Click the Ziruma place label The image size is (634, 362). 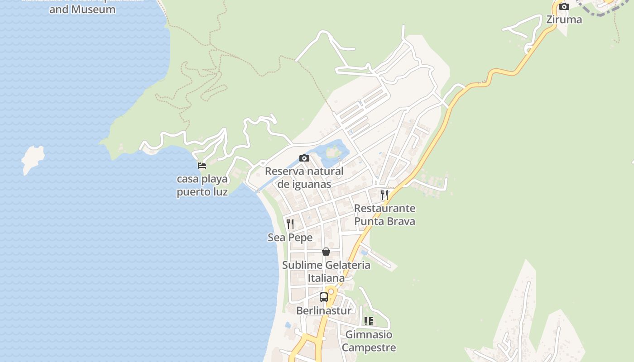click(x=564, y=19)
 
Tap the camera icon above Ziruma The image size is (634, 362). click(x=564, y=6)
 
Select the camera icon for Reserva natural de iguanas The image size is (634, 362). click(x=304, y=158)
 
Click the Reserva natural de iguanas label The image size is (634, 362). click(x=304, y=178)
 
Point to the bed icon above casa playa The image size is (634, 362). click(x=202, y=166)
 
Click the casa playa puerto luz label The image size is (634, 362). click(x=202, y=186)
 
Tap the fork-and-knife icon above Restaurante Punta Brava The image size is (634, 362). click(x=384, y=195)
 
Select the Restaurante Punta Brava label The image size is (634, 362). click(x=384, y=215)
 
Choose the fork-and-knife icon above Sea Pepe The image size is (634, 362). click(x=290, y=224)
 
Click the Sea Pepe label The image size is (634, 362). click(x=290, y=238)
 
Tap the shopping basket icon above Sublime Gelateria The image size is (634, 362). click(x=326, y=252)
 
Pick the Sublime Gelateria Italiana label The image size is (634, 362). click(x=326, y=271)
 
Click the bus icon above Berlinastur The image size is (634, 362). click(x=324, y=297)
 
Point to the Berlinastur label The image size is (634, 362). click(x=324, y=311)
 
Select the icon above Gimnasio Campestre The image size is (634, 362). click(x=369, y=321)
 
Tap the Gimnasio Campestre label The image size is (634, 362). click(x=369, y=341)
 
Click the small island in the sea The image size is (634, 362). click(x=33, y=158)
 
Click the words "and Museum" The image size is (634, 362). click(x=82, y=9)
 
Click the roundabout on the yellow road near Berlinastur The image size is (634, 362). click(x=331, y=292)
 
